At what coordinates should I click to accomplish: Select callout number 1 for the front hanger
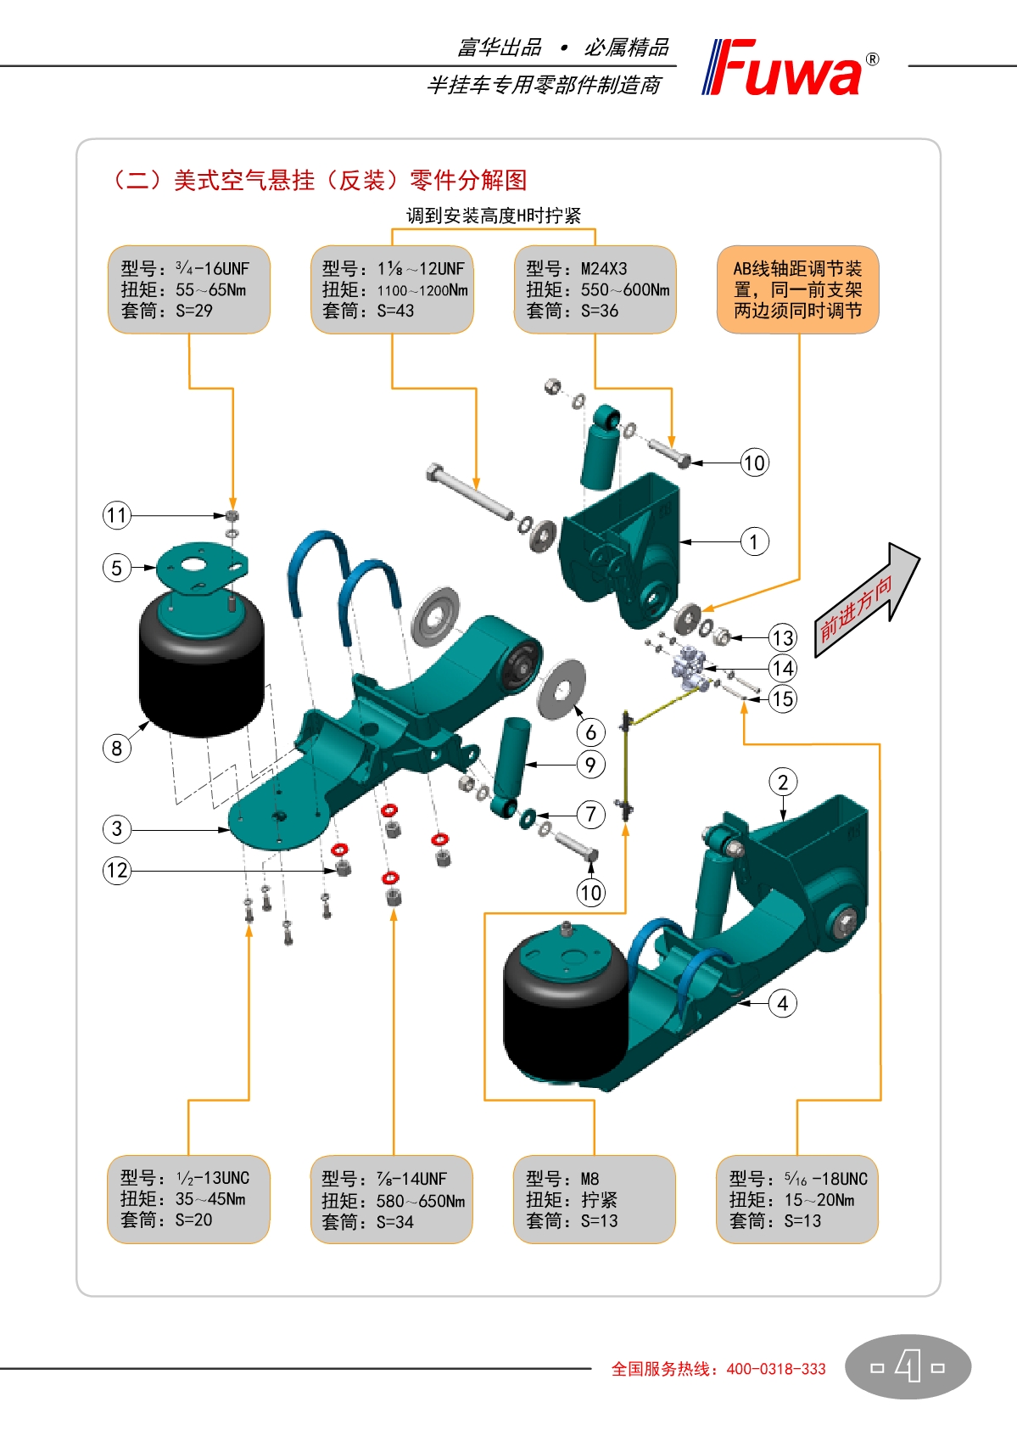click(x=754, y=541)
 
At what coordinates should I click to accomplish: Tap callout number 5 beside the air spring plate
click(x=117, y=568)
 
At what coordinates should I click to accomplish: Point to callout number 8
click(x=117, y=748)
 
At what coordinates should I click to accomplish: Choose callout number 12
click(x=117, y=870)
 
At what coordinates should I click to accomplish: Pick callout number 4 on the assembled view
click(x=782, y=1003)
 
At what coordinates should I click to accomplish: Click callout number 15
click(x=782, y=699)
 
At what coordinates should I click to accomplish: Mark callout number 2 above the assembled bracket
click(x=782, y=782)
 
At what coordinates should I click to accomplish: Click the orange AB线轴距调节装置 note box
click(x=797, y=289)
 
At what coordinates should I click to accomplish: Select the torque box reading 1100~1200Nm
click(x=392, y=289)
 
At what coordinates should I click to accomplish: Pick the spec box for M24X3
click(x=595, y=289)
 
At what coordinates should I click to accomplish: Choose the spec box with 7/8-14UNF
click(x=392, y=1199)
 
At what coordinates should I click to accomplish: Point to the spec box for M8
click(x=594, y=1199)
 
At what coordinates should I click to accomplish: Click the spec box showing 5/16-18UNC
click(x=796, y=1199)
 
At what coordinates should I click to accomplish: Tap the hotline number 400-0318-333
click(x=775, y=1369)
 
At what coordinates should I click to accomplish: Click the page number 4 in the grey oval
click(x=908, y=1366)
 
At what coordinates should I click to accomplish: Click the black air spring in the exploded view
click(x=202, y=670)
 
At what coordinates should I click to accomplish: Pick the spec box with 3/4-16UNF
click(x=188, y=289)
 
